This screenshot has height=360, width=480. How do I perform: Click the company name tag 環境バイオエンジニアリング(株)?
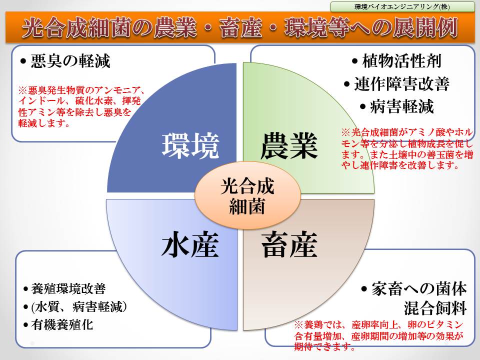point(402,6)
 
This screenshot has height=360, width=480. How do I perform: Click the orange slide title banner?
point(240,27)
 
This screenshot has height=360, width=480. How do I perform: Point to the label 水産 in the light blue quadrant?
point(190,244)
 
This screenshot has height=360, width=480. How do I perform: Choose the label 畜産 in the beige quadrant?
point(289,244)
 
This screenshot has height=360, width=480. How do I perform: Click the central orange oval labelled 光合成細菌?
point(247,195)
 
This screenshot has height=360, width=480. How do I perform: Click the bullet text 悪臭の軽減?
point(70,61)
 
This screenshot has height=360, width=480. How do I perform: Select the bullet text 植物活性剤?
point(402,60)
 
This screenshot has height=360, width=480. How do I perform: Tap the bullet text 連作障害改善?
point(402,83)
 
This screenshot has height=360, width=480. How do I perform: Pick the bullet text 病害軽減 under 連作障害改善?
point(402,106)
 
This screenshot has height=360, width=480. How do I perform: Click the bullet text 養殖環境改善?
point(68,288)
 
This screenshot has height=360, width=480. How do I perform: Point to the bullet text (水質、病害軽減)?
point(79,306)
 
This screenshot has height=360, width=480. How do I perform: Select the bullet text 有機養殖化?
point(62,325)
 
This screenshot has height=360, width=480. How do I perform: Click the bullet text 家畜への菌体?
point(419,289)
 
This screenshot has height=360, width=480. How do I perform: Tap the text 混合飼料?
point(435,308)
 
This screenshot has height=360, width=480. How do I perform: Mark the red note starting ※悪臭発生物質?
point(81,106)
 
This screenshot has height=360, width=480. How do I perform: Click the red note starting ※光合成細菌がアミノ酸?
point(407,149)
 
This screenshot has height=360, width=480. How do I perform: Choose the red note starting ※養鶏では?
point(379,335)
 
